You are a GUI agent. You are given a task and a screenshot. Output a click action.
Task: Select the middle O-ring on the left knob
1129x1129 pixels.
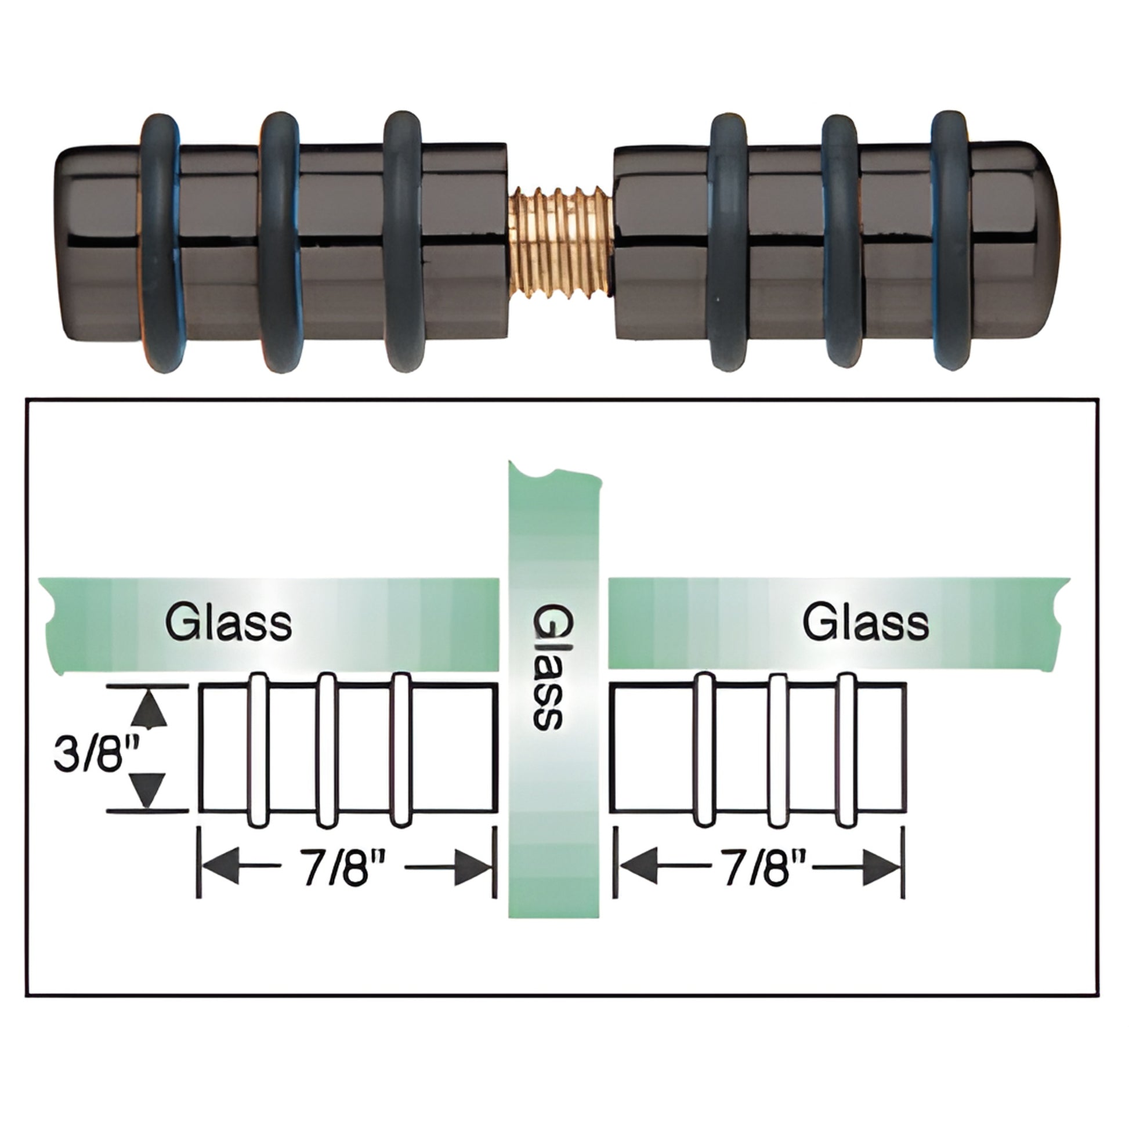pyautogui.click(x=279, y=241)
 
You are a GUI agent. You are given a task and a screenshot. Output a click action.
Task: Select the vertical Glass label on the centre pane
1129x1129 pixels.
pyautogui.click(x=548, y=667)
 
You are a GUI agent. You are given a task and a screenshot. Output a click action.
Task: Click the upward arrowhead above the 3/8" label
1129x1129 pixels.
pyautogui.click(x=149, y=710)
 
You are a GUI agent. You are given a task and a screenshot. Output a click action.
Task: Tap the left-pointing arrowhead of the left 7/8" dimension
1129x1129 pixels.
pyautogui.click(x=219, y=867)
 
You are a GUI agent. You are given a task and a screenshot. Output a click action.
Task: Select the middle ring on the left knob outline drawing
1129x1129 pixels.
pyautogui.click(x=327, y=750)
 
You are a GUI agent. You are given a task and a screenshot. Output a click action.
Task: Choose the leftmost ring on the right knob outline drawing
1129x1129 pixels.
pyautogui.click(x=705, y=750)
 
